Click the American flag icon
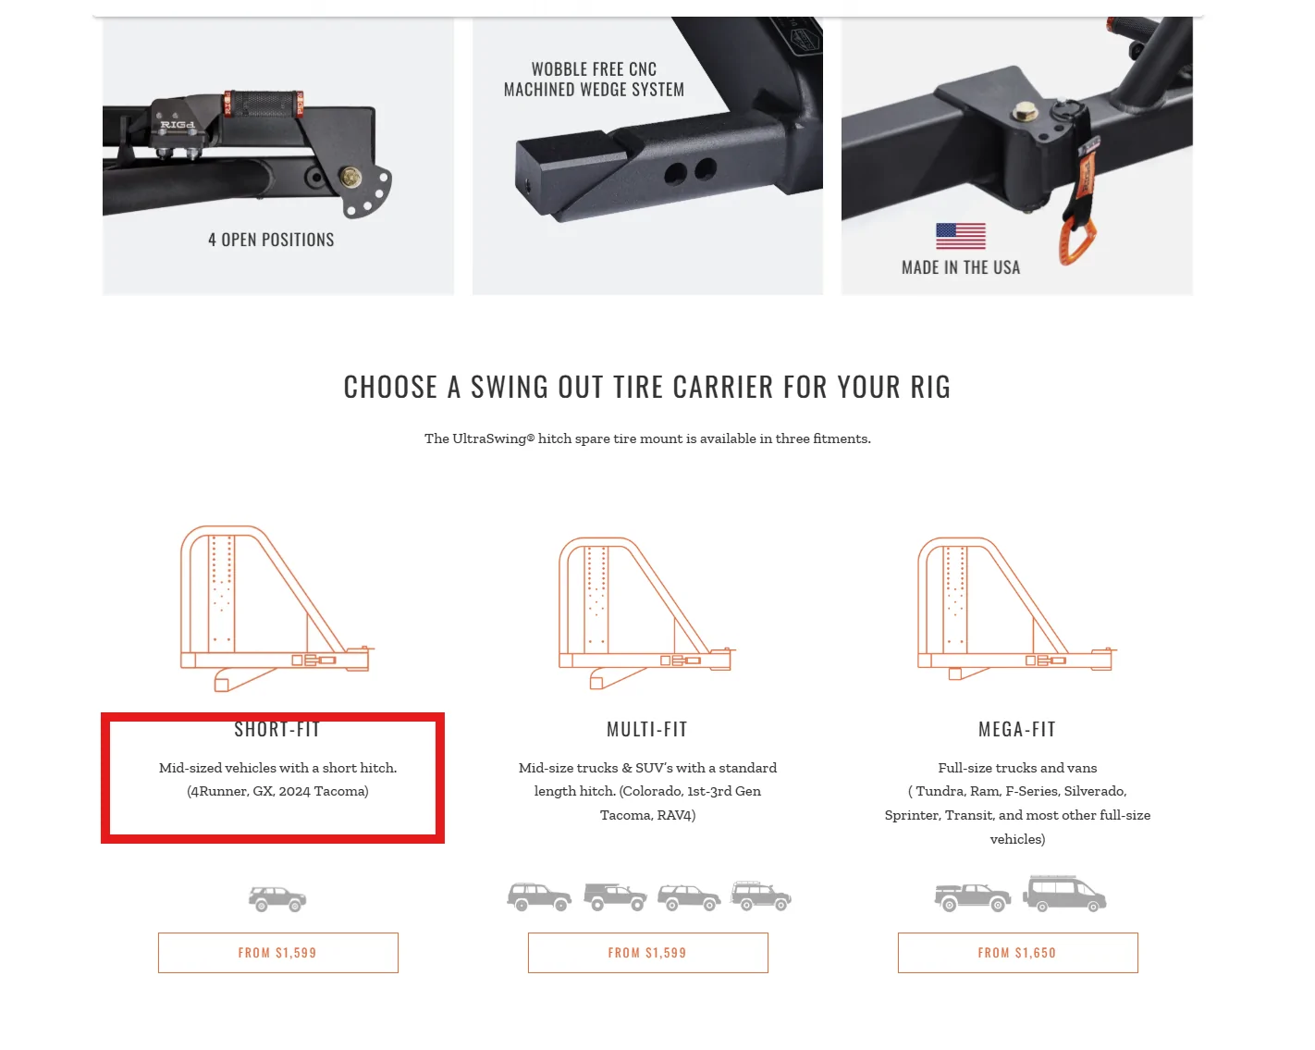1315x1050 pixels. (x=960, y=235)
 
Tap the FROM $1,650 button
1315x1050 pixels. (x=1017, y=952)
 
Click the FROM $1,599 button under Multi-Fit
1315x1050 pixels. (x=647, y=952)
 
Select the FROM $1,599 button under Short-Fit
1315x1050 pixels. (x=278, y=952)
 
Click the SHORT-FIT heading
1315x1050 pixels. (x=277, y=729)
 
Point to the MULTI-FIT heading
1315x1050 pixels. (x=647, y=729)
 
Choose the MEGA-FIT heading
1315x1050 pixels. (x=1017, y=729)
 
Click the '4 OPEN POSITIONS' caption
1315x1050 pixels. (x=271, y=239)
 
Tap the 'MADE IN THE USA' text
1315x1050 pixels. (x=961, y=267)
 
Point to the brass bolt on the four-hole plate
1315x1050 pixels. (x=350, y=178)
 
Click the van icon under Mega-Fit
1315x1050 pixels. (x=1063, y=894)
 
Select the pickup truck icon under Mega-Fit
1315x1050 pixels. (x=972, y=897)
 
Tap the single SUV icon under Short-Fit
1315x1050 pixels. (x=277, y=898)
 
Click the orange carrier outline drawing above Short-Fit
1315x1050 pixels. (x=277, y=608)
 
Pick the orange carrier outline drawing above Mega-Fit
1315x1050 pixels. (x=1017, y=608)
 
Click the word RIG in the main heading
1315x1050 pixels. (x=930, y=387)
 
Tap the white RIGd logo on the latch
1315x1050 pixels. (x=178, y=125)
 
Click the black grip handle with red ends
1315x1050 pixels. (x=264, y=104)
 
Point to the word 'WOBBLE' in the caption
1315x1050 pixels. (x=559, y=69)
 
